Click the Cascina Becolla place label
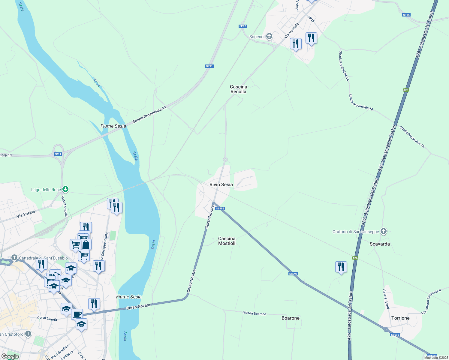point(238,89)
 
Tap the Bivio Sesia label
point(221,184)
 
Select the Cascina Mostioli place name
point(227,241)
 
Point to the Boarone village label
point(290,318)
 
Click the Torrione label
point(400,318)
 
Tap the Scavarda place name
point(380,244)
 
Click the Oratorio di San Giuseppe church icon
point(383,231)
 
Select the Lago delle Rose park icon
point(65,189)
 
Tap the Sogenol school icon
point(269,37)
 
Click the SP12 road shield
point(243,26)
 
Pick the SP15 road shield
point(406,15)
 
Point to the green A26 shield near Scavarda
point(355,258)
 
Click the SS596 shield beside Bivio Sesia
point(220,208)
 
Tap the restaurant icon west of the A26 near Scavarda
point(341,266)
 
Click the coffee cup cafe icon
point(77,314)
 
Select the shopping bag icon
point(86,244)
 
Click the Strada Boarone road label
point(255,313)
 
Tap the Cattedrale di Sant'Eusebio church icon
point(14,258)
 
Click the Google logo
point(10,356)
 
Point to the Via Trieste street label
point(26,214)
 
